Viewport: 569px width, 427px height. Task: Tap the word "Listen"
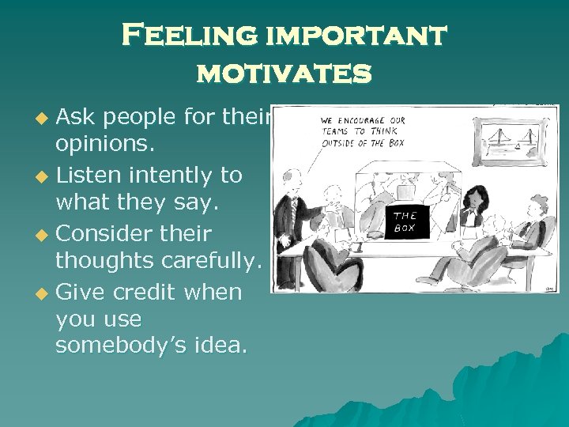coord(92,175)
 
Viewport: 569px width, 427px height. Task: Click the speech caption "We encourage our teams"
coord(364,132)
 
